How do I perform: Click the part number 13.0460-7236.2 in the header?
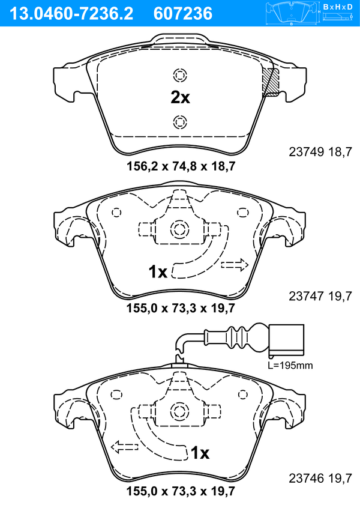(x=71, y=14)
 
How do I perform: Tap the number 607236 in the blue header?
(x=183, y=14)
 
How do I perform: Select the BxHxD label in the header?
(x=338, y=7)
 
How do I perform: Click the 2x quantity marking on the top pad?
(x=180, y=97)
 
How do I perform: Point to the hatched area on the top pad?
(x=271, y=82)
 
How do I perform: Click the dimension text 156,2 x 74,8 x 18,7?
(x=181, y=166)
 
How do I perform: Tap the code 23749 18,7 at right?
(x=320, y=152)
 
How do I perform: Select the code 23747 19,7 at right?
(x=320, y=295)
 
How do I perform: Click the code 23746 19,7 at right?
(x=320, y=478)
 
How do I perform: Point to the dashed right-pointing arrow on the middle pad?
(x=235, y=265)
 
